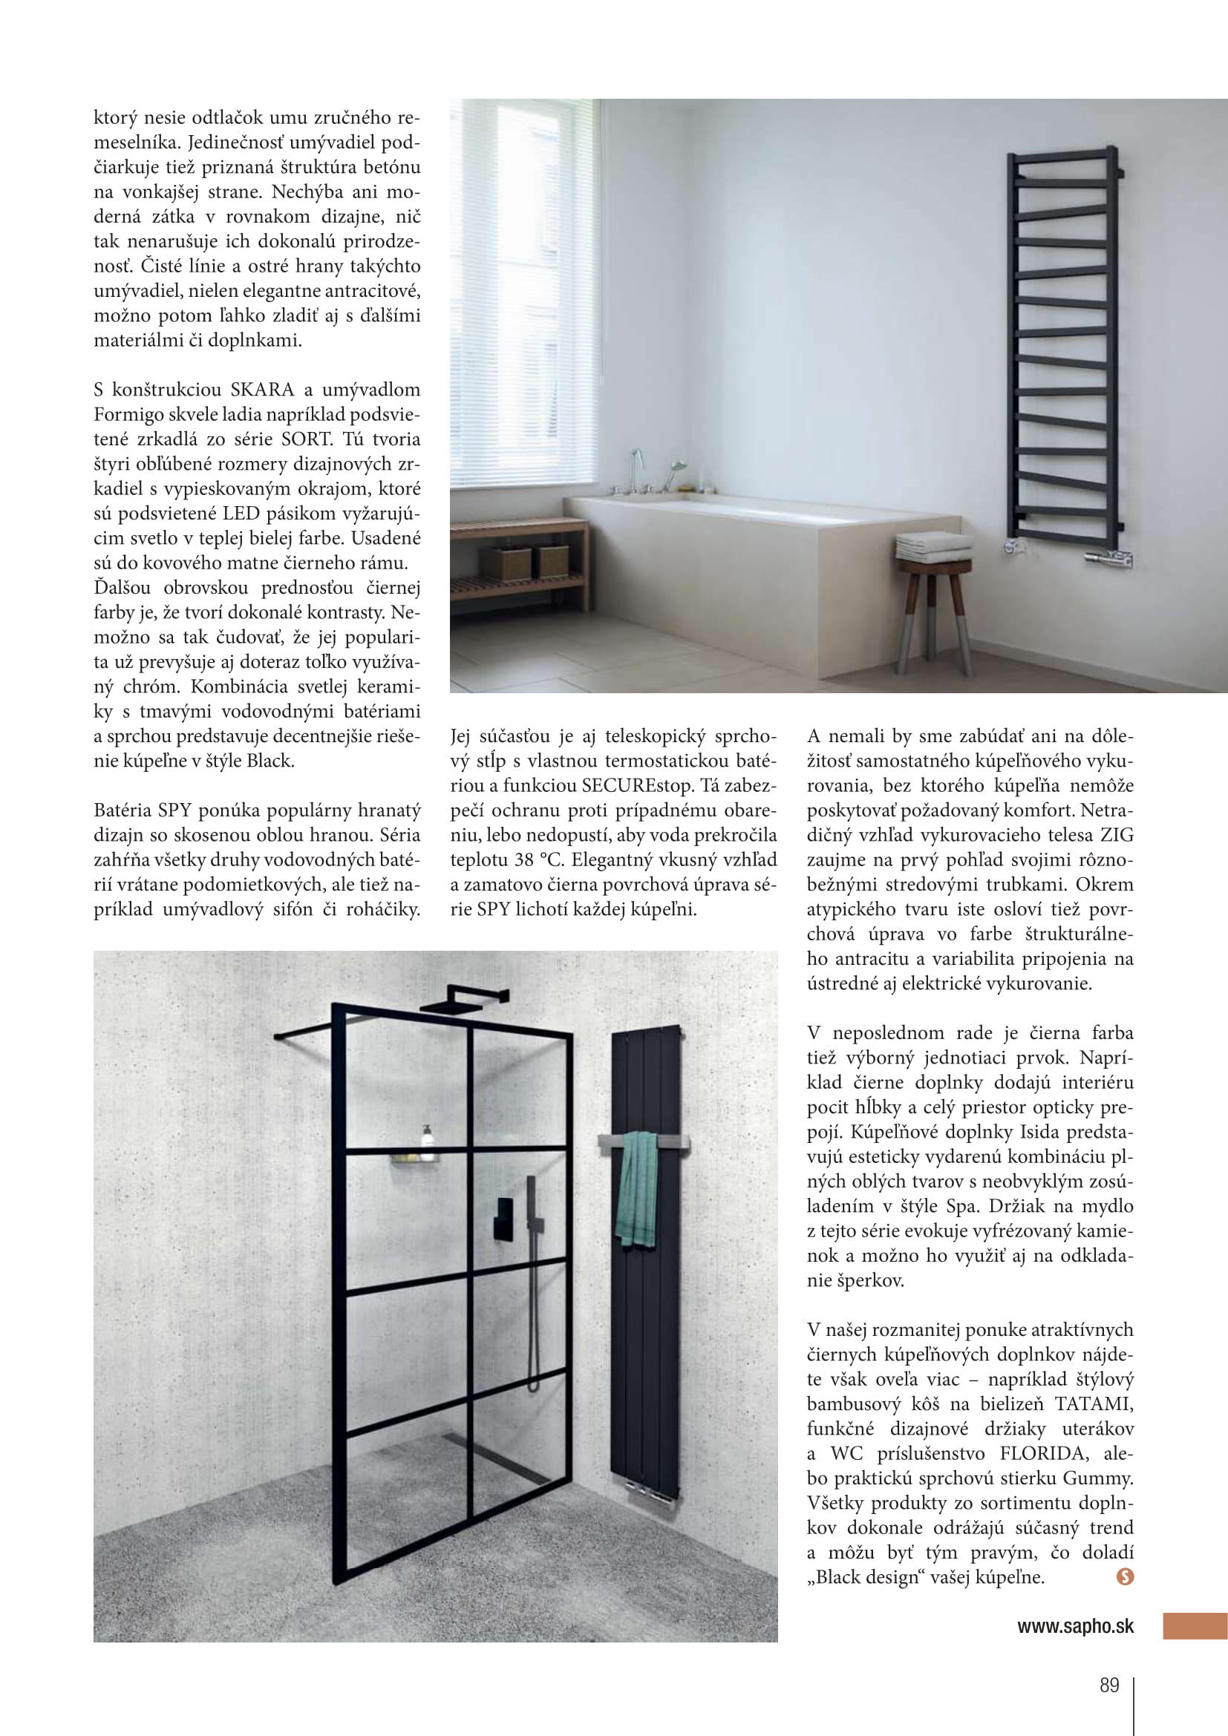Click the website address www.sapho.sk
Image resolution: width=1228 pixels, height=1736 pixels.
coord(1075,1626)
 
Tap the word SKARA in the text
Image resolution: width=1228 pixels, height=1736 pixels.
coord(261,390)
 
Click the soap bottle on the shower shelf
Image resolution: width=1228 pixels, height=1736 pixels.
coord(428,1139)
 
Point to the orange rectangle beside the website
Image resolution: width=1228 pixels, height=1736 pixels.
coord(1194,1626)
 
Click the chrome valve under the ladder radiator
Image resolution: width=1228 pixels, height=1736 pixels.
coord(1108,558)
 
